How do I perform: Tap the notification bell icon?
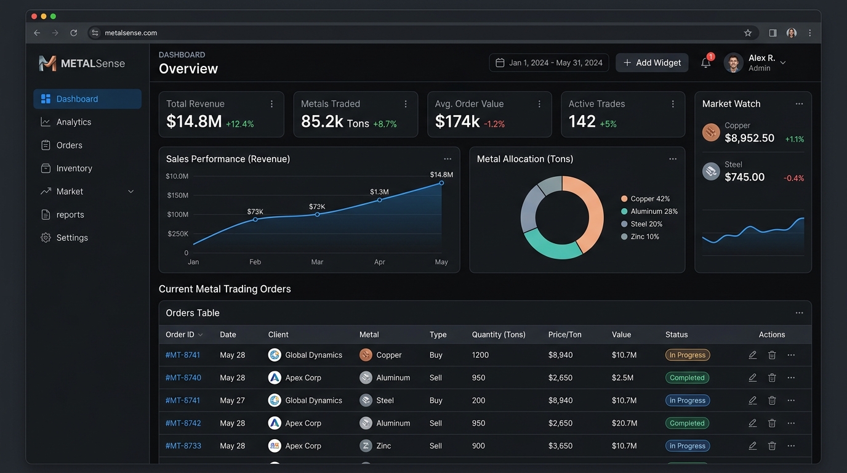[705, 62]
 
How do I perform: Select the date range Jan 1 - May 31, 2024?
[548, 62]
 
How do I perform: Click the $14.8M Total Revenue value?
[194, 121]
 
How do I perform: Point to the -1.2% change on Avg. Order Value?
[494, 124]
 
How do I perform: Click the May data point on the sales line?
[441, 183]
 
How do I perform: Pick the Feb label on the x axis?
[255, 262]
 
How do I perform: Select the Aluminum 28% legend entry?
[649, 211]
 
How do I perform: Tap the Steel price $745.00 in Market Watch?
[745, 177]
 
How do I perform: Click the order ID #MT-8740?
[183, 378]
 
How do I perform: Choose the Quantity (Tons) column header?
[499, 334]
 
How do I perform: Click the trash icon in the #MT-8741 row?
[772, 355]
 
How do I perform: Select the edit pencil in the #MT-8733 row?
[752, 446]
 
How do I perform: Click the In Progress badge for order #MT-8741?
[688, 355]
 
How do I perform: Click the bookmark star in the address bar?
[747, 33]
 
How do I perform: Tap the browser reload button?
[74, 33]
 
